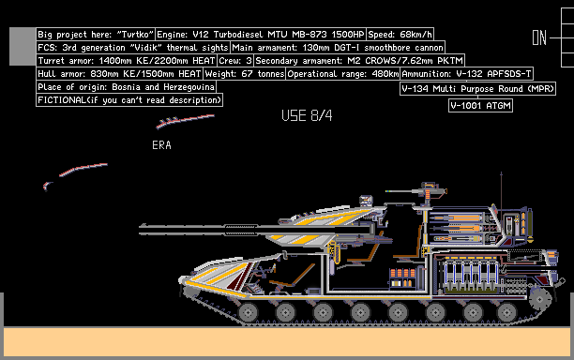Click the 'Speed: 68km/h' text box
(x=400, y=34)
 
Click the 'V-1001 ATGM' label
(x=480, y=105)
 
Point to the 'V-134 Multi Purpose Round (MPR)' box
(x=478, y=88)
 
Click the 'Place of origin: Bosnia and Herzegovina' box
(x=126, y=86)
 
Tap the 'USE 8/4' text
(x=307, y=115)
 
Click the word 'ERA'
(x=161, y=145)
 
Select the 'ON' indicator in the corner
(x=539, y=37)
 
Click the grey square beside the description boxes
(x=23, y=45)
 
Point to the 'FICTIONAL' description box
(x=129, y=99)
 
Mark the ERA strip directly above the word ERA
(x=185, y=121)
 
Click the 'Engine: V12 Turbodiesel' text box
(x=259, y=34)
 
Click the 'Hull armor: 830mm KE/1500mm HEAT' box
(x=119, y=73)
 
